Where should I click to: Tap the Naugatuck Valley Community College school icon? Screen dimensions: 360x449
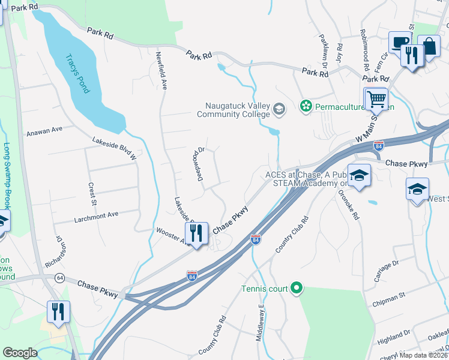coord(279,109)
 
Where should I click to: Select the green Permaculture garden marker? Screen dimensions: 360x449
coord(306,107)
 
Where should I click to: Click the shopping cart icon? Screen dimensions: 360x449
coord(376,98)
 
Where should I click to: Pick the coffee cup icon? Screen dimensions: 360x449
coord(399,43)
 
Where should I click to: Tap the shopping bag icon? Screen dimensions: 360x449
coord(429,46)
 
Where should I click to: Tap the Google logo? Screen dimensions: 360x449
coord(20,353)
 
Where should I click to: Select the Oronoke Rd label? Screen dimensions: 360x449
coord(349,204)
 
